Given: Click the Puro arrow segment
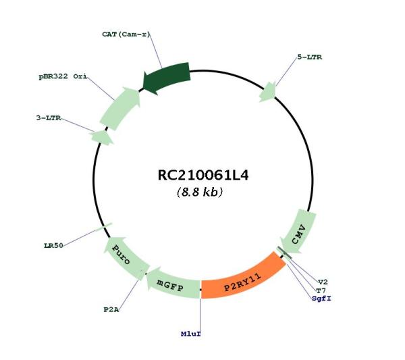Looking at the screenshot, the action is (125, 257).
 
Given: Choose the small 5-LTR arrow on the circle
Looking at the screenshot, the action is (268, 92).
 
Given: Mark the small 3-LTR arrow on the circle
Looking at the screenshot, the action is (102, 137).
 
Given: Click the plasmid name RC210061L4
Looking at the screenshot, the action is (203, 176).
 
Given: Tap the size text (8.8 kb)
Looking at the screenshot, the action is (200, 192).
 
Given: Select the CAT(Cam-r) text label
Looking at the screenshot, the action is (126, 34).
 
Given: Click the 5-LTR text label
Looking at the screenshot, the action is (310, 57).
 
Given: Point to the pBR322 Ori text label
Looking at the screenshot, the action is (63, 77).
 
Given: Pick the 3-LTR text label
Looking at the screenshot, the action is (49, 118).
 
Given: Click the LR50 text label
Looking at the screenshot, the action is (53, 245).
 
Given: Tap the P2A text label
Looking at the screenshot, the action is (111, 309).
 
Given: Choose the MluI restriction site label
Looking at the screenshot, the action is (191, 334).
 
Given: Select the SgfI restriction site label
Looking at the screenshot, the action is (321, 299).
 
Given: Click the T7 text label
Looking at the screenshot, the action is (321, 290).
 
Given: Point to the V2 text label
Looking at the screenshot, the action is (323, 282).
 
